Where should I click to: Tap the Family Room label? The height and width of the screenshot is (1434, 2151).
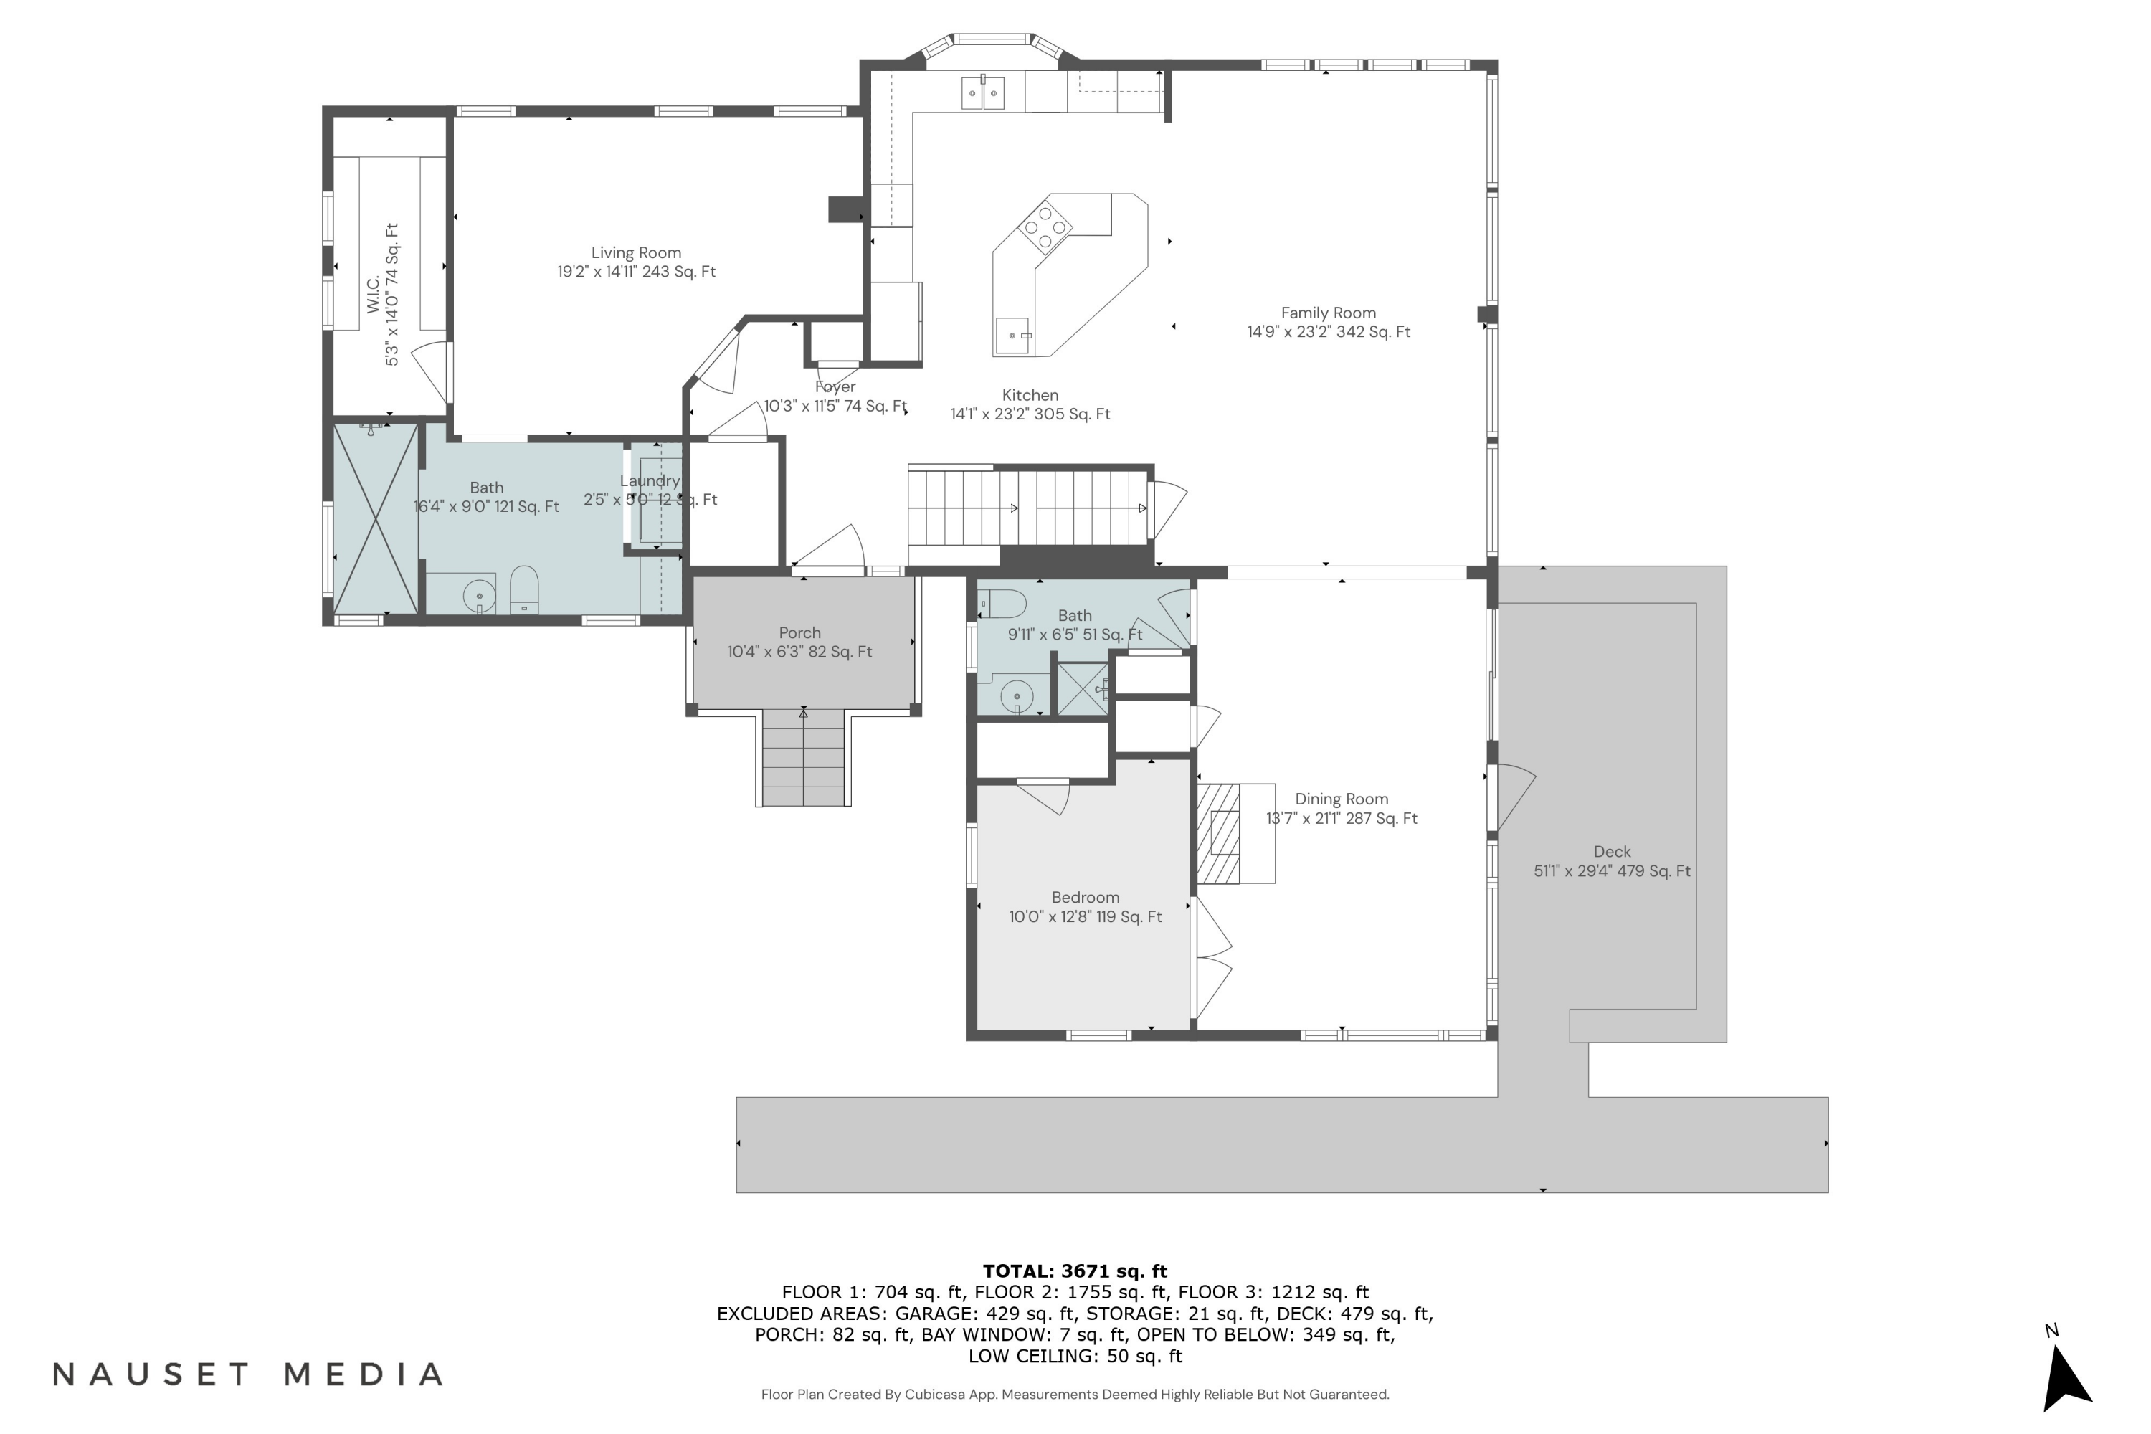(x=1328, y=313)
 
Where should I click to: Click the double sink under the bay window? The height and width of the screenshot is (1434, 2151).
(x=983, y=93)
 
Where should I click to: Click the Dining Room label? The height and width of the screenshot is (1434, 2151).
(x=1341, y=799)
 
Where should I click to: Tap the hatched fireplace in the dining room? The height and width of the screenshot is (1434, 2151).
(x=1218, y=833)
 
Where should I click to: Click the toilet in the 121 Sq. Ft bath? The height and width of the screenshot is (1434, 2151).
(x=524, y=590)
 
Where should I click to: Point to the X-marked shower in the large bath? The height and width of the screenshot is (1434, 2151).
(x=375, y=518)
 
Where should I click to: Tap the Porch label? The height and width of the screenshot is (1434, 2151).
(x=799, y=633)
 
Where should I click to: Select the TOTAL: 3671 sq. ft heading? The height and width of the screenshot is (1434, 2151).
(x=1075, y=1271)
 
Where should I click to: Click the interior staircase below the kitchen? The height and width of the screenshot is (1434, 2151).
(x=1029, y=508)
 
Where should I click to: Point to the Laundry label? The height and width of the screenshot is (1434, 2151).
(x=650, y=481)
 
